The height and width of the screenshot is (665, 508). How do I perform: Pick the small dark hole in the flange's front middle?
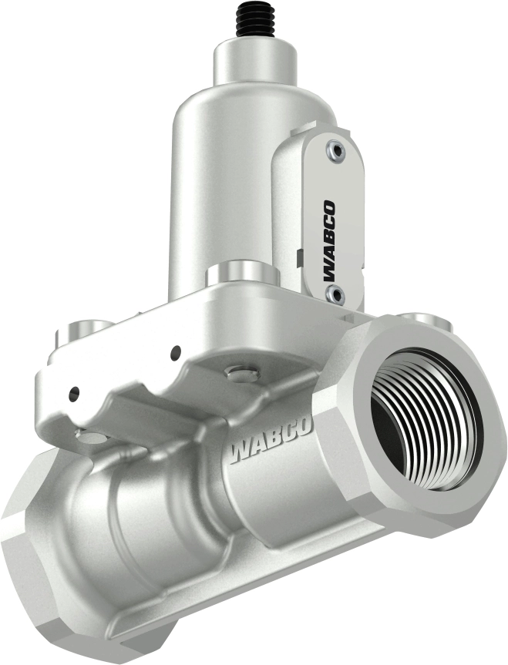[176, 352]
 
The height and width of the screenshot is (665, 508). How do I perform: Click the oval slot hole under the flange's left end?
[93, 437]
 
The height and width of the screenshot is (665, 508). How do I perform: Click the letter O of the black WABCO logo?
[330, 210]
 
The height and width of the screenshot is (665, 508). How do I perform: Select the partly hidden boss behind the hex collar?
[422, 317]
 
